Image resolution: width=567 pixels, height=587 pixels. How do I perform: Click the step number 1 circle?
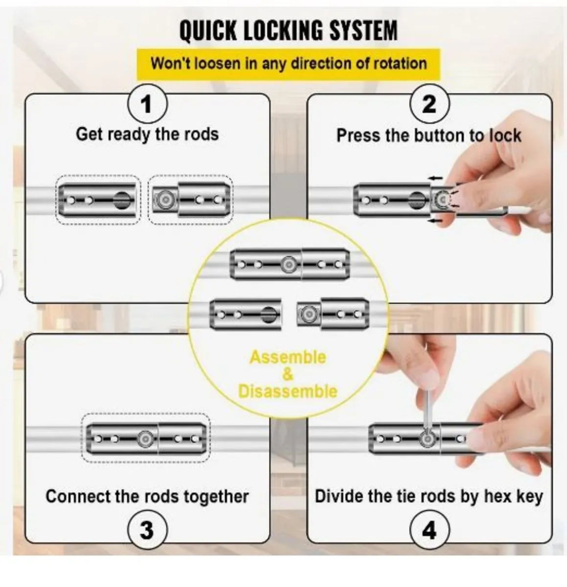pos(146,105)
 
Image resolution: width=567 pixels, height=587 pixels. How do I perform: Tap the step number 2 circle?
pos(429,105)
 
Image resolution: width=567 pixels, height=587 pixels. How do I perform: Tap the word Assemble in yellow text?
pos(287,357)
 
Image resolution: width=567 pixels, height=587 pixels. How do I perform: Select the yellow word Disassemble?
pos(287,391)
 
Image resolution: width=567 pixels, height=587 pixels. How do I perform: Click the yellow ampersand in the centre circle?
pos(288,374)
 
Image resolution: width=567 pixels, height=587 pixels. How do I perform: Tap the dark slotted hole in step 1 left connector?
pos(122,201)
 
